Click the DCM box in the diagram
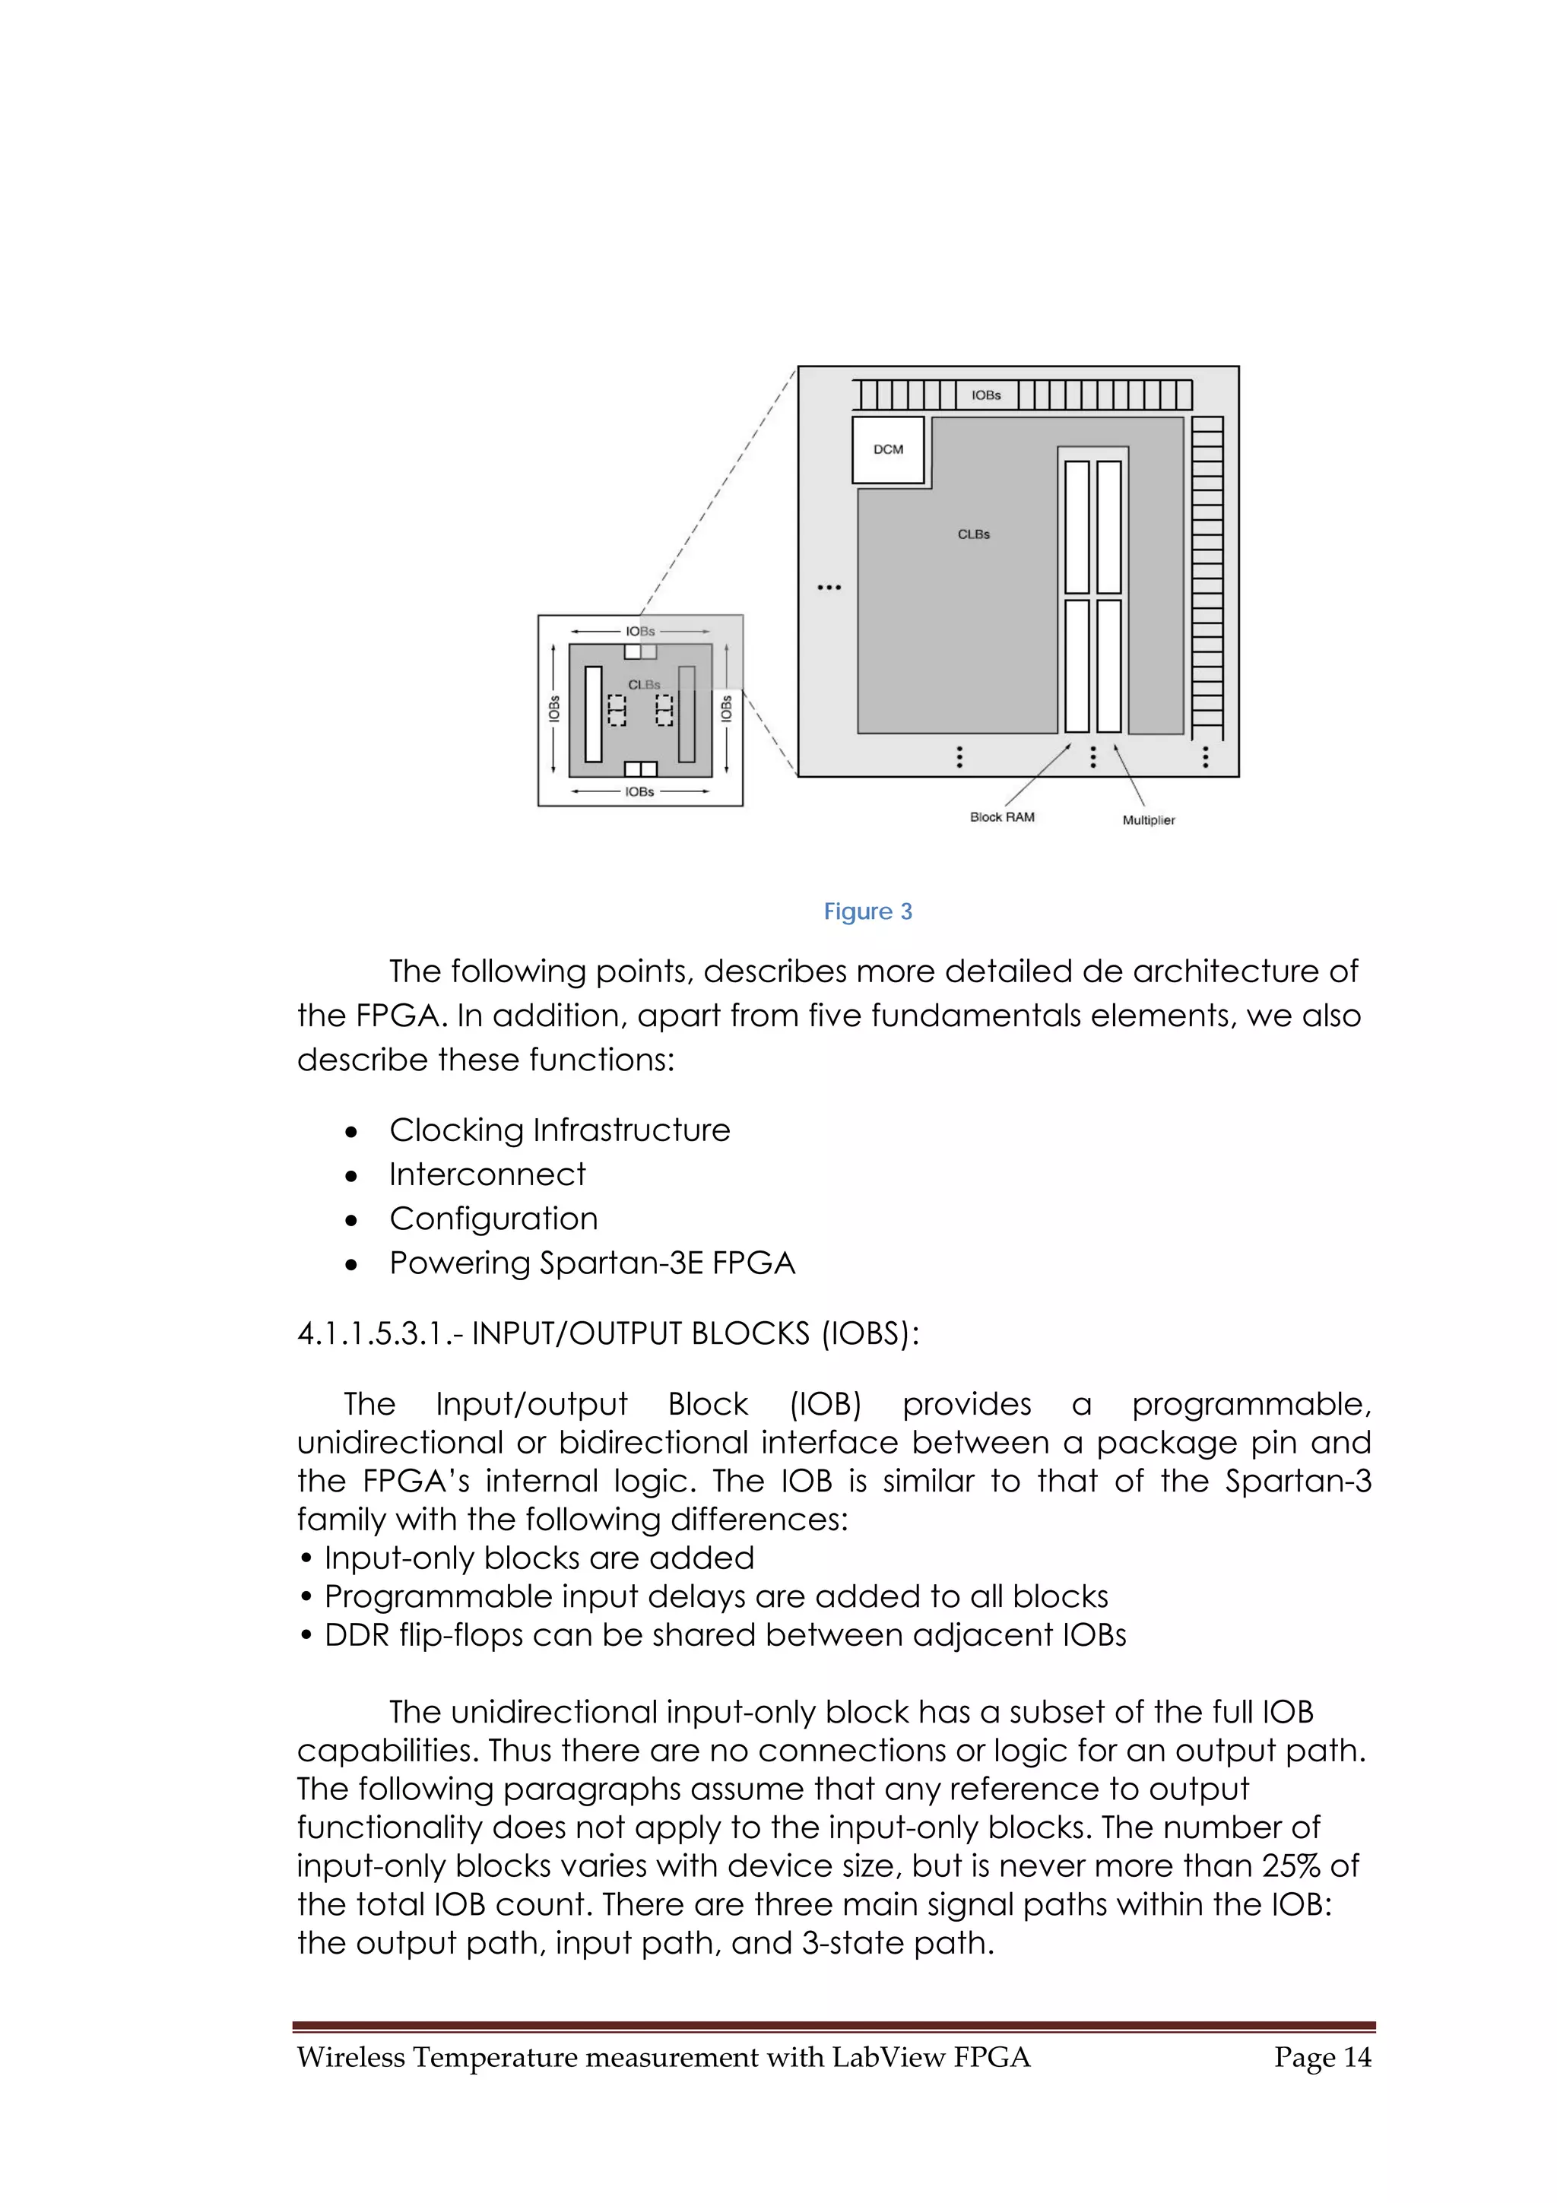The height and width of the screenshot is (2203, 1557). (888, 449)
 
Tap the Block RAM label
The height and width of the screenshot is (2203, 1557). (1001, 817)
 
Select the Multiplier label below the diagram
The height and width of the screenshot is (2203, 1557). (1148, 820)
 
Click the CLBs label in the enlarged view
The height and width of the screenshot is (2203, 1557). (974, 534)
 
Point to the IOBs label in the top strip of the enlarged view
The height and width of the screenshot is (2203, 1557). (986, 395)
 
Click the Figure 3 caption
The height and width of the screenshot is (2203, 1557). (868, 911)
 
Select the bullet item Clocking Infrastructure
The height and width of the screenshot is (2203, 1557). (560, 1130)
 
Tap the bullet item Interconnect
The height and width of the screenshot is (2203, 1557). (487, 1174)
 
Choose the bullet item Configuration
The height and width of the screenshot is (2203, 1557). (493, 1219)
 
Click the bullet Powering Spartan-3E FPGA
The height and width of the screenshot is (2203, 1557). (592, 1263)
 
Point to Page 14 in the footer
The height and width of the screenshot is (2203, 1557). (1322, 2057)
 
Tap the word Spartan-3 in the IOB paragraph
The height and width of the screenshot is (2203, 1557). (1298, 1481)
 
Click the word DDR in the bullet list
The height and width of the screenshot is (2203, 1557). (355, 1635)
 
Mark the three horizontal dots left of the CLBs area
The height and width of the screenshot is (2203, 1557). (829, 587)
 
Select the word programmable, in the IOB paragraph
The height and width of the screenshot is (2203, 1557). (1251, 1405)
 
